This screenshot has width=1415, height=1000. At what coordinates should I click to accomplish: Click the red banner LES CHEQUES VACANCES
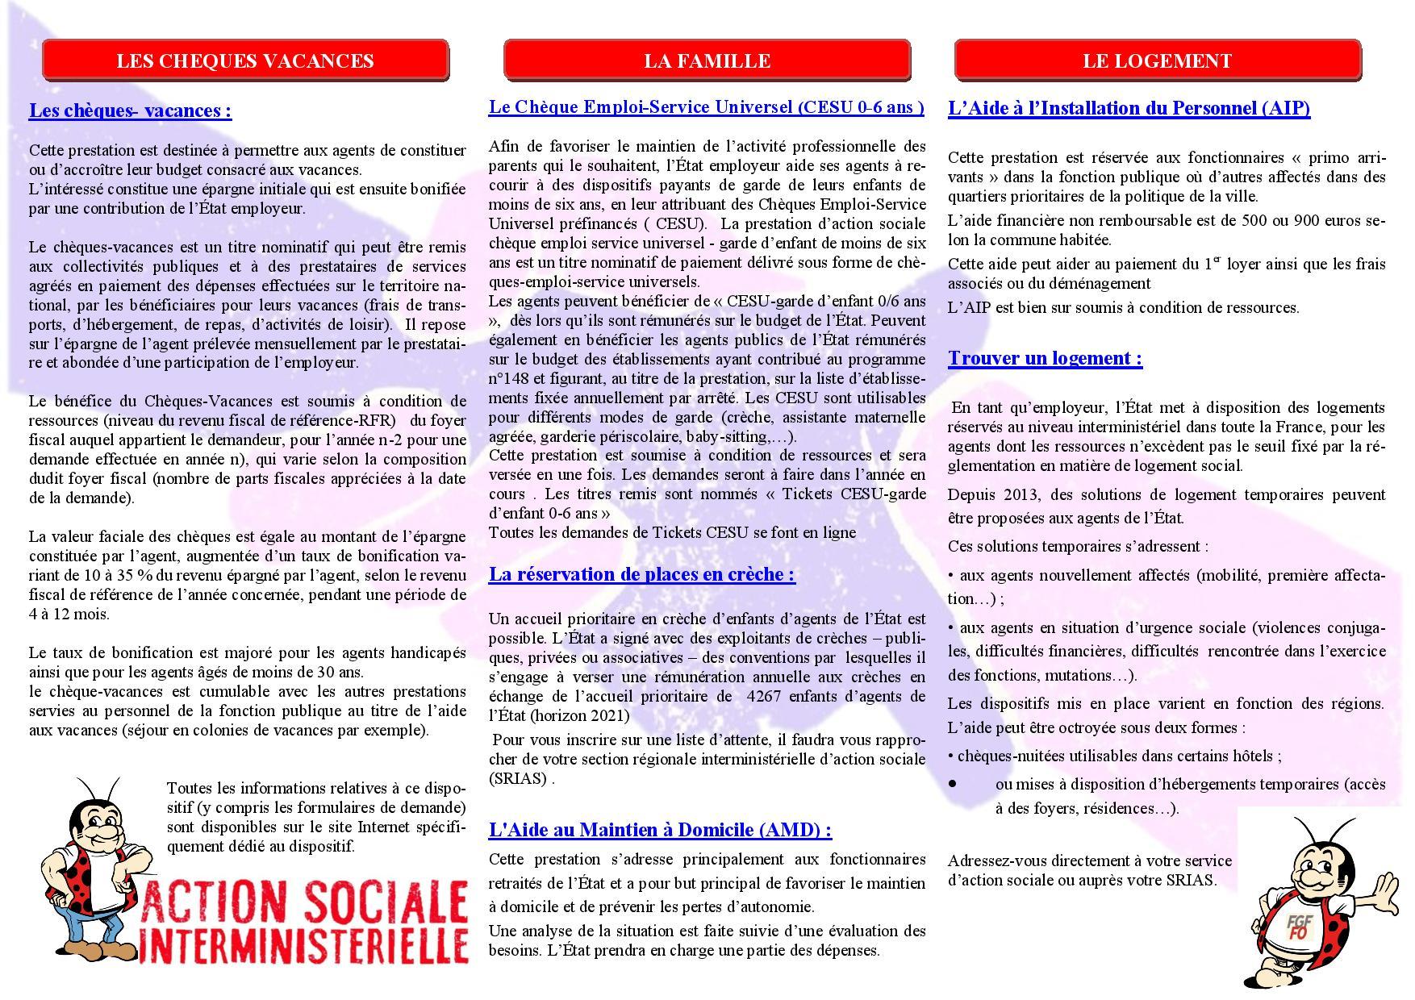pyautogui.click(x=245, y=61)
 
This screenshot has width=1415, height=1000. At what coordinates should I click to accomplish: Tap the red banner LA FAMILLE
pyautogui.click(x=707, y=61)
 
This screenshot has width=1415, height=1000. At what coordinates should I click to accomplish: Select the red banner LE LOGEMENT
pyautogui.click(x=1157, y=61)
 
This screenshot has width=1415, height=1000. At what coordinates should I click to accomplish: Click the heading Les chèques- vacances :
pyautogui.click(x=130, y=110)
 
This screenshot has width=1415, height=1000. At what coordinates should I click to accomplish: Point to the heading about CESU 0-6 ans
pyautogui.click(x=706, y=107)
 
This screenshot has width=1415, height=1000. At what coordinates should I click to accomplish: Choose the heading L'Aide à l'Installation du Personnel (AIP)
pyautogui.click(x=1129, y=108)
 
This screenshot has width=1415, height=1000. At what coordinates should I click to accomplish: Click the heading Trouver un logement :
pyautogui.click(x=1045, y=358)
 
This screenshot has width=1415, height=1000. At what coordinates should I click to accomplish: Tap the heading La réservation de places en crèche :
pyautogui.click(x=641, y=574)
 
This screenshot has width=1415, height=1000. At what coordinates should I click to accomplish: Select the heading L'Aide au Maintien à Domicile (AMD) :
pyautogui.click(x=660, y=829)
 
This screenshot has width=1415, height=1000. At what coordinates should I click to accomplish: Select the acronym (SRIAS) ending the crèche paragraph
pyautogui.click(x=519, y=778)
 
